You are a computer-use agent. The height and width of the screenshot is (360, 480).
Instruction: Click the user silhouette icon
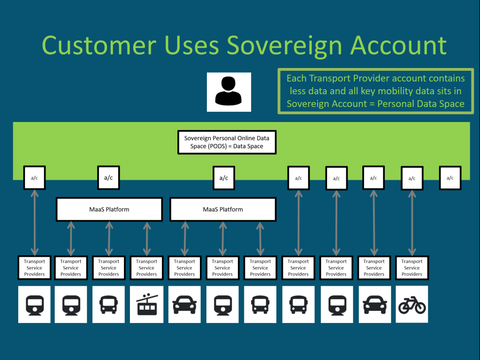pos(229,92)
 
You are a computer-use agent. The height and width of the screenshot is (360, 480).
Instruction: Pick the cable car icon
pos(146,304)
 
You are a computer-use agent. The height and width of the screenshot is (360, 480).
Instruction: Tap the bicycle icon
pos(411,304)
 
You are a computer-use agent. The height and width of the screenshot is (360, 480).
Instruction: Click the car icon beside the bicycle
pos(374,304)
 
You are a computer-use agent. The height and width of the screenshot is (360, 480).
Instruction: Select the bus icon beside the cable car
pos(108,304)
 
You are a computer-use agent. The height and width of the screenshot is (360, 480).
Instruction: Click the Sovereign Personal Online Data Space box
pos(227,142)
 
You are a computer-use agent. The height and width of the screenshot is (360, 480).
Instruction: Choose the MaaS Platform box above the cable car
pos(109,209)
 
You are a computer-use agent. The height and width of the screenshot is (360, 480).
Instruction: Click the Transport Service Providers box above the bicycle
pos(411,268)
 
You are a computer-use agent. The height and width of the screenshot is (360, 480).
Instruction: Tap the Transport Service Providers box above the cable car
pos(146,268)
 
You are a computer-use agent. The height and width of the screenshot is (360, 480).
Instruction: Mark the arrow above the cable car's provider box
pos(147,238)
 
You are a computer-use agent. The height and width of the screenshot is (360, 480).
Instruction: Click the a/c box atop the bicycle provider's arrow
pos(412,178)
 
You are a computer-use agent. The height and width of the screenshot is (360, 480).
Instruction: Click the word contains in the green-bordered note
pos(442,78)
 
